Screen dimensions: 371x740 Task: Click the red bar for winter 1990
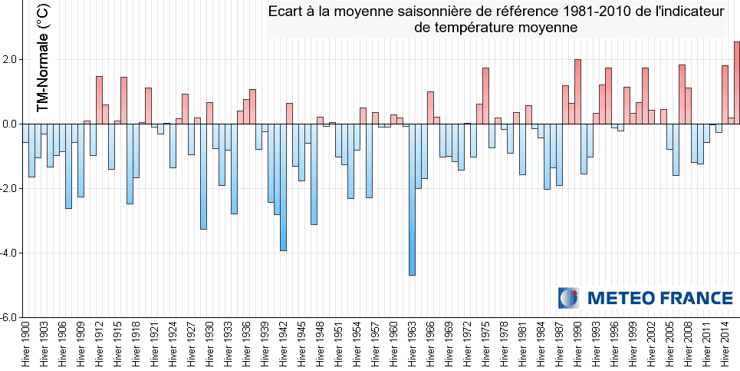click(x=577, y=91)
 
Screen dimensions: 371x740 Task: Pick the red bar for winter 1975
click(x=485, y=95)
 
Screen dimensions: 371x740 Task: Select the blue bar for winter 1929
click(x=203, y=176)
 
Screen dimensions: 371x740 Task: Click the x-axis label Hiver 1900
click(x=26, y=344)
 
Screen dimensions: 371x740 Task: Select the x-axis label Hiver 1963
click(x=413, y=344)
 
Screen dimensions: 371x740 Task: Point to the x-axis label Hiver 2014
click(x=725, y=344)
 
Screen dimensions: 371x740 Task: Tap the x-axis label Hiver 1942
click(x=284, y=344)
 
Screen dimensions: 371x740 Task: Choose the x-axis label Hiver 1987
click(x=560, y=344)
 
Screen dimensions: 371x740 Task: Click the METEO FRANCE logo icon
click(x=569, y=298)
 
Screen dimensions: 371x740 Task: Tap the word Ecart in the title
click(x=286, y=12)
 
